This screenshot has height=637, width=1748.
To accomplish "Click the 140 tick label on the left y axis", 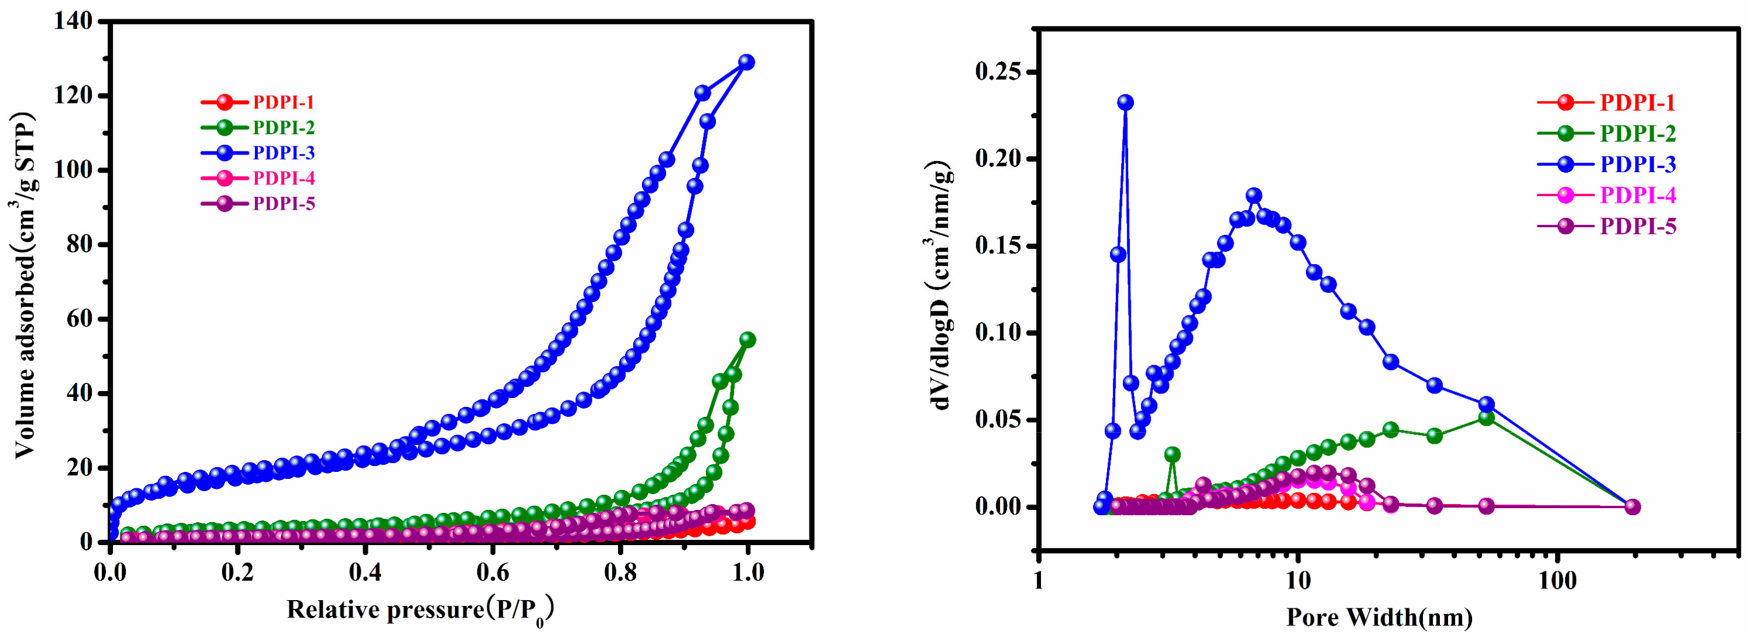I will (74, 22).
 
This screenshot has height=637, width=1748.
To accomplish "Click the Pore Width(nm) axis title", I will (1380, 617).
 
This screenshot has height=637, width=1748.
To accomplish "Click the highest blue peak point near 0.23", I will (1126, 102).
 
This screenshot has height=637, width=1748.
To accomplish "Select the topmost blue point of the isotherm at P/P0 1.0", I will (746, 61).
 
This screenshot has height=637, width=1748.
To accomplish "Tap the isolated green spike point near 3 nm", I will (1172, 454).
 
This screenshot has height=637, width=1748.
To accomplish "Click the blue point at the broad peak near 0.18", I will (1254, 196).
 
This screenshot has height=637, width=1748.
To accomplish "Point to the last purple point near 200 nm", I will (1633, 507).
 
